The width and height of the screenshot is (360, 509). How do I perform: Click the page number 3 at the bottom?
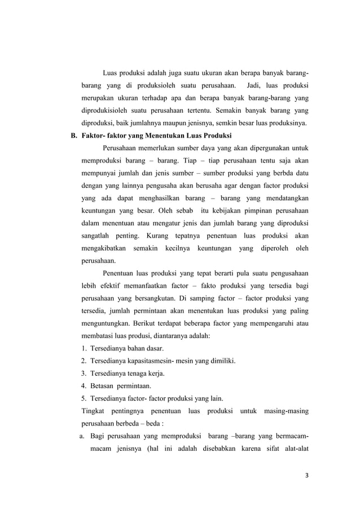click(306, 475)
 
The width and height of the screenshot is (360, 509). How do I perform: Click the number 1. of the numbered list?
click(84, 349)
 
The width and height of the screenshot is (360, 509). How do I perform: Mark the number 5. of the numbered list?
click(84, 398)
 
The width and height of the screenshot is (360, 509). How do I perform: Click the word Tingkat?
click(94, 411)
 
